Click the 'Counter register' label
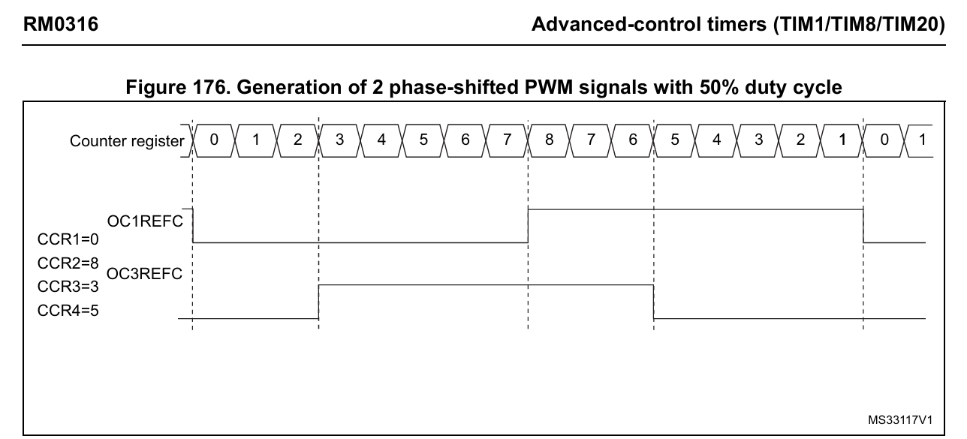127,141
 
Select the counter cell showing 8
550,140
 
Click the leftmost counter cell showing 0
215,140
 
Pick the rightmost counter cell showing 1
922,140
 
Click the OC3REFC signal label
145,274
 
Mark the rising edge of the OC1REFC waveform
529,226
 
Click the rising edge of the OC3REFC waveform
319,302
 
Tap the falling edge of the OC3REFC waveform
654,302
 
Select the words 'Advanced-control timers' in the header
640,25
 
